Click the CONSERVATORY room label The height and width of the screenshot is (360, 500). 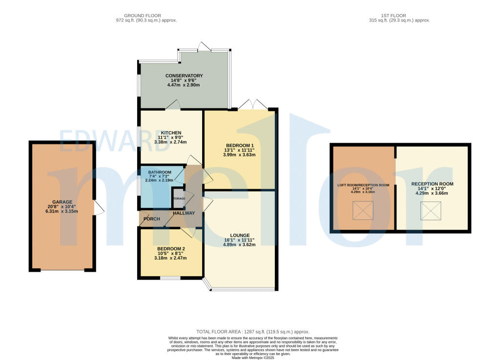click(184, 76)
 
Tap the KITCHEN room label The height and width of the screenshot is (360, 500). click(171, 133)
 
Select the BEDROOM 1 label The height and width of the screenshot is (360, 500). click(239, 145)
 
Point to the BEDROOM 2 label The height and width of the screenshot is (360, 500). click(171, 249)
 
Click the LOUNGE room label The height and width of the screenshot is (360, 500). click(239, 235)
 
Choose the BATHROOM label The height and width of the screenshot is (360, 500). click(160, 172)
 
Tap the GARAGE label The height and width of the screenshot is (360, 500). click(62, 202)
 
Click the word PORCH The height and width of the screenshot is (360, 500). click(151, 219)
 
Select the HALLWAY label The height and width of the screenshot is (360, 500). click(183, 213)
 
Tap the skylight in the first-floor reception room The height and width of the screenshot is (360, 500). click(431, 211)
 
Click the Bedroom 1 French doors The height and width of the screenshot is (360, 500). click(253, 104)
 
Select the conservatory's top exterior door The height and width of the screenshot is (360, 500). click(204, 46)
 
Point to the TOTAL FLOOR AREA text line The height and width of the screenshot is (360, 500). click(252, 332)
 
